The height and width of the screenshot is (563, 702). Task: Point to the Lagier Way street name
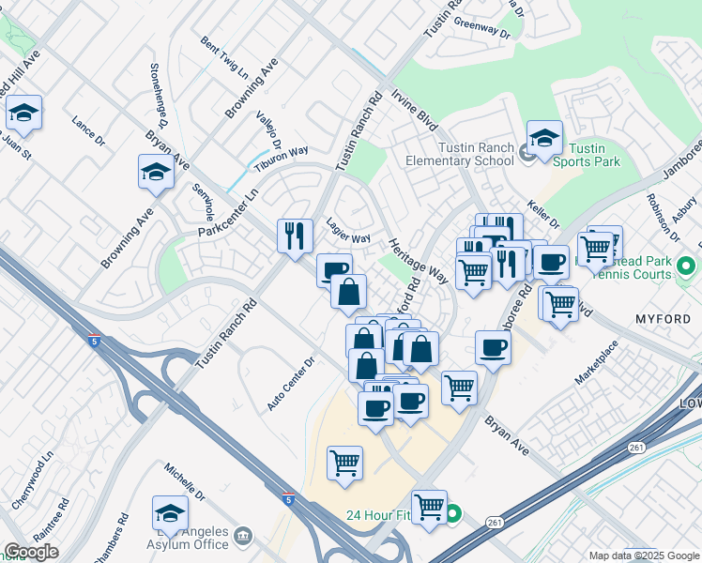347,230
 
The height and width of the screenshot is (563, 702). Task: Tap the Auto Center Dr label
290,386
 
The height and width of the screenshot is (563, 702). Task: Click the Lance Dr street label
88,129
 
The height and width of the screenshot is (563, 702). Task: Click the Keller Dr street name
542,217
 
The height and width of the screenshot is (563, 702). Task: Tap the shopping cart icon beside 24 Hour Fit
429,507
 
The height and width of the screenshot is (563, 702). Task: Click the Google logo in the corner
31,552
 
